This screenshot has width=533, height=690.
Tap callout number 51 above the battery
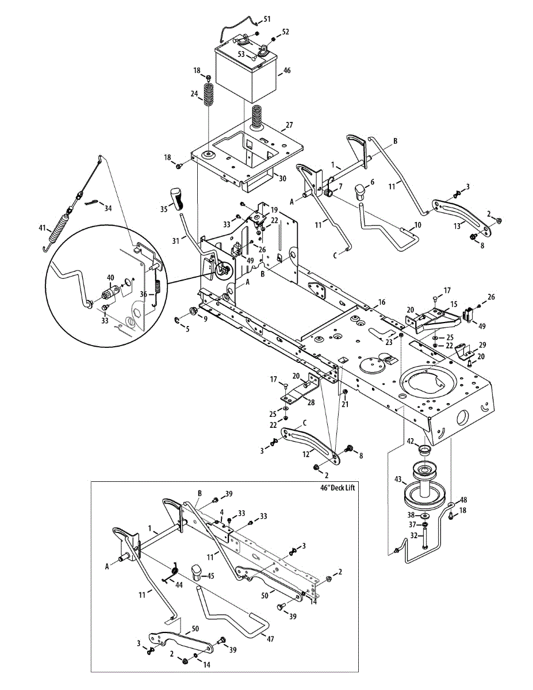266,20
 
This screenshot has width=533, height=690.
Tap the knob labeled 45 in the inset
197,572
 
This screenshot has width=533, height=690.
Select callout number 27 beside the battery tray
289,125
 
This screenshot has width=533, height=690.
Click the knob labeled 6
361,191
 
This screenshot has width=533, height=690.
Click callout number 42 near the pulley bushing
411,441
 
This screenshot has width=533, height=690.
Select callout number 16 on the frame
381,301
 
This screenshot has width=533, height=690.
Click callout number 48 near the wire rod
463,500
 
